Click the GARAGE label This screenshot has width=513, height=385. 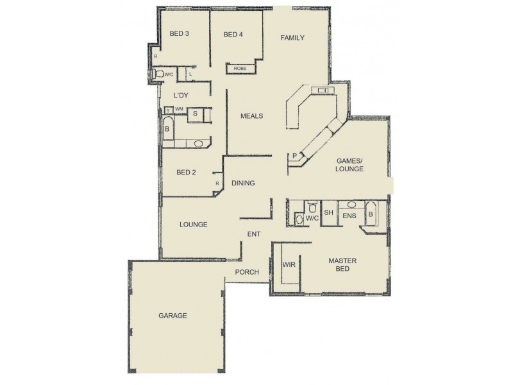point(173,316)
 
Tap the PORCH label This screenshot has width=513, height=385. point(247,272)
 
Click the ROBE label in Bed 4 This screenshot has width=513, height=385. point(240,68)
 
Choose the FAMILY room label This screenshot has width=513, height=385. point(292,38)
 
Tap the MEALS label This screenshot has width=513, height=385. point(252,116)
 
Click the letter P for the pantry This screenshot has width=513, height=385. point(294,155)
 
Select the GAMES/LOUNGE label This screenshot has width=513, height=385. point(350,165)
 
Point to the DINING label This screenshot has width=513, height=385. point(244,183)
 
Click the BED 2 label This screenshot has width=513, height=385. point(185,172)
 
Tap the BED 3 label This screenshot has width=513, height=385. point(179,33)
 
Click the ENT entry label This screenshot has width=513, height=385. point(254,234)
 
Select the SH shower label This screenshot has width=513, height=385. point(328,212)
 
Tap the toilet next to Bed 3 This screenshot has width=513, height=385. point(160,74)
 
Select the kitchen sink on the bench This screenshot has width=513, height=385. point(323,90)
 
